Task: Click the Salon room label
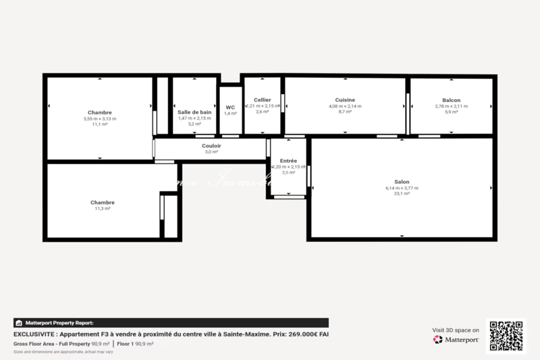pos(402,181)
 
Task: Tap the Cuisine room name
pos(345,100)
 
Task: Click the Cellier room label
pos(263,100)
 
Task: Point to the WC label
pos(230,107)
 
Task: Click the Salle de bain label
pos(194,112)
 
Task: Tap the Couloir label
pos(211,145)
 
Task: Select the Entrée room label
pos(288,160)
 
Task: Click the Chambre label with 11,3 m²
pos(103,202)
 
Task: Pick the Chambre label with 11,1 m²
pos(99,112)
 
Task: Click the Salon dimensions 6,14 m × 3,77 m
pos(402,188)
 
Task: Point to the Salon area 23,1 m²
pos(402,194)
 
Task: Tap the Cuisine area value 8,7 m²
pos(345,112)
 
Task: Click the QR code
pos(506,336)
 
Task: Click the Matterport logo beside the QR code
pos(456,340)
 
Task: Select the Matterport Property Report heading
pos(59,323)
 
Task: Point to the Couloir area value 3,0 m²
pos(211,152)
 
